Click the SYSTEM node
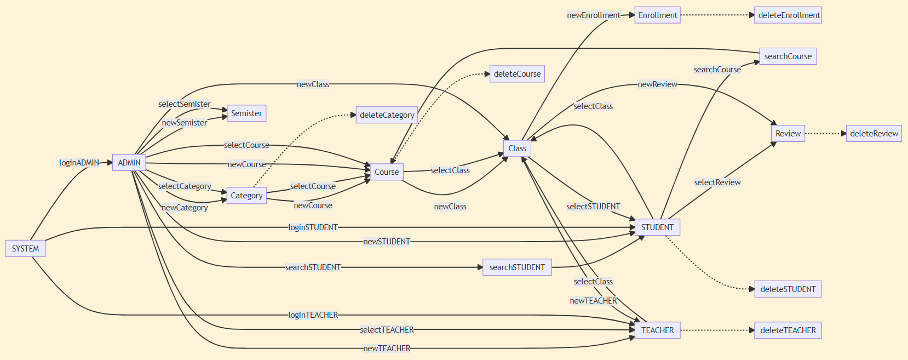click(25, 249)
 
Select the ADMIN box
click(129, 163)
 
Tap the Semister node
click(246, 113)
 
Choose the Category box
click(246, 196)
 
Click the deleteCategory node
click(387, 115)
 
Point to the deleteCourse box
click(517, 74)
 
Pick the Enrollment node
click(657, 15)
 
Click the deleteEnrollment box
click(789, 15)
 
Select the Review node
click(788, 134)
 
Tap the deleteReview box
click(874, 134)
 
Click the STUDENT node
click(657, 227)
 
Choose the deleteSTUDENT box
click(788, 289)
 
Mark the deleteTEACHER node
click(788, 330)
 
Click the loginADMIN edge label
click(79, 163)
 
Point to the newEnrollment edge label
click(594, 15)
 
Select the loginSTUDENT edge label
click(313, 227)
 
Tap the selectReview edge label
click(717, 182)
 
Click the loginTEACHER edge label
click(313, 315)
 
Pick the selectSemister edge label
click(185, 104)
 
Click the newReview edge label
click(657, 84)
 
